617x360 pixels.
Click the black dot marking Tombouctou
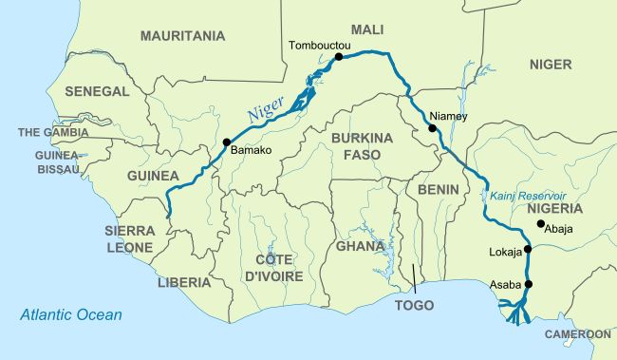click(338, 57)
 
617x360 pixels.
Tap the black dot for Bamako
click(226, 142)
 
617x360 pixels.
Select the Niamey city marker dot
click(432, 128)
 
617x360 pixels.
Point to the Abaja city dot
click(540, 224)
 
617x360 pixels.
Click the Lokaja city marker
click(528, 250)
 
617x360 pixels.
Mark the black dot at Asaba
click(528, 284)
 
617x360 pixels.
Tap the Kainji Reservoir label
click(528, 195)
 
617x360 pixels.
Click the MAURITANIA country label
click(182, 36)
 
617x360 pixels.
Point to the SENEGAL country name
click(96, 91)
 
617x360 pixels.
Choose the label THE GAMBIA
click(53, 132)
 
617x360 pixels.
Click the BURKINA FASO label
click(361, 145)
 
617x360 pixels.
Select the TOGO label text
click(414, 306)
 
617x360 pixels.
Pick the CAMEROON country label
click(577, 334)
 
